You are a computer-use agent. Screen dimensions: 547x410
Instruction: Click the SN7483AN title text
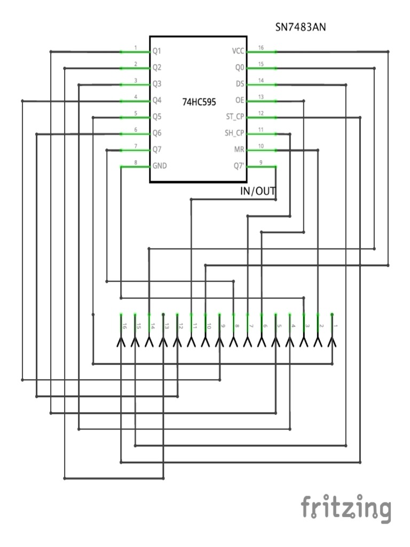point(300,27)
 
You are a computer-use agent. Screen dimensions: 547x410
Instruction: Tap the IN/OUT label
point(258,191)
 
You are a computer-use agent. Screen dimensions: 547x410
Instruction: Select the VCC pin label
point(238,52)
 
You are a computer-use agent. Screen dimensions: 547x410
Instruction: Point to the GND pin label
point(160,166)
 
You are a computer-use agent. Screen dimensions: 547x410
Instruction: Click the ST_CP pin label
point(235,117)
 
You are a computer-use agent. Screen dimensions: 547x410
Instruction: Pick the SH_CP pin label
point(235,133)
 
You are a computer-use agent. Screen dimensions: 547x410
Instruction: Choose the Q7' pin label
point(239,166)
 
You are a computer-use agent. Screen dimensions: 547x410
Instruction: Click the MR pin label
point(239,149)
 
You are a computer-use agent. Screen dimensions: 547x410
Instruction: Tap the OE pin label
point(239,100)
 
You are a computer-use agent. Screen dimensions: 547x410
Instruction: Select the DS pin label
point(240,84)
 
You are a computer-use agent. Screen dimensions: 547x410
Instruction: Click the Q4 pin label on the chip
point(157,100)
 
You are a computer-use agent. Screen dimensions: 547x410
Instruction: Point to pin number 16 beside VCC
point(261,48)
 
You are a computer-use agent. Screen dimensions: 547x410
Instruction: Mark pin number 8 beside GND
point(136,162)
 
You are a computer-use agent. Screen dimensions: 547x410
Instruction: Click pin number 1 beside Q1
point(136,48)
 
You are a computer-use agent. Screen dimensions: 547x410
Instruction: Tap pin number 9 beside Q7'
point(261,162)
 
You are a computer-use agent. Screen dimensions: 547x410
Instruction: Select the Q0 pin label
point(239,68)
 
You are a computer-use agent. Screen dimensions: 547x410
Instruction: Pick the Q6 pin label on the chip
point(157,133)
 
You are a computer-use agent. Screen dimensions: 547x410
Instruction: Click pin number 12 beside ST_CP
point(261,113)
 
